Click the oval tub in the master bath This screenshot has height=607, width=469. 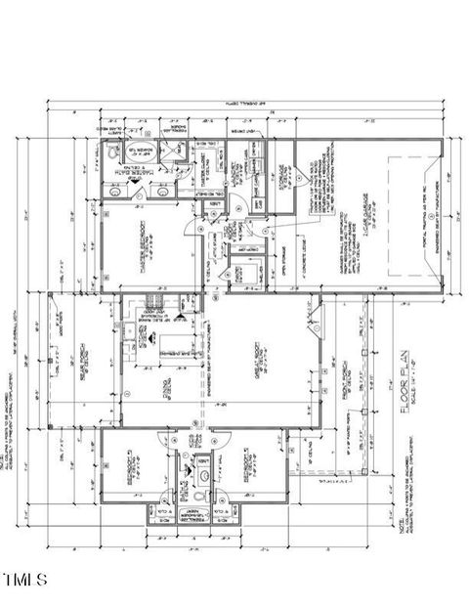113,153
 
